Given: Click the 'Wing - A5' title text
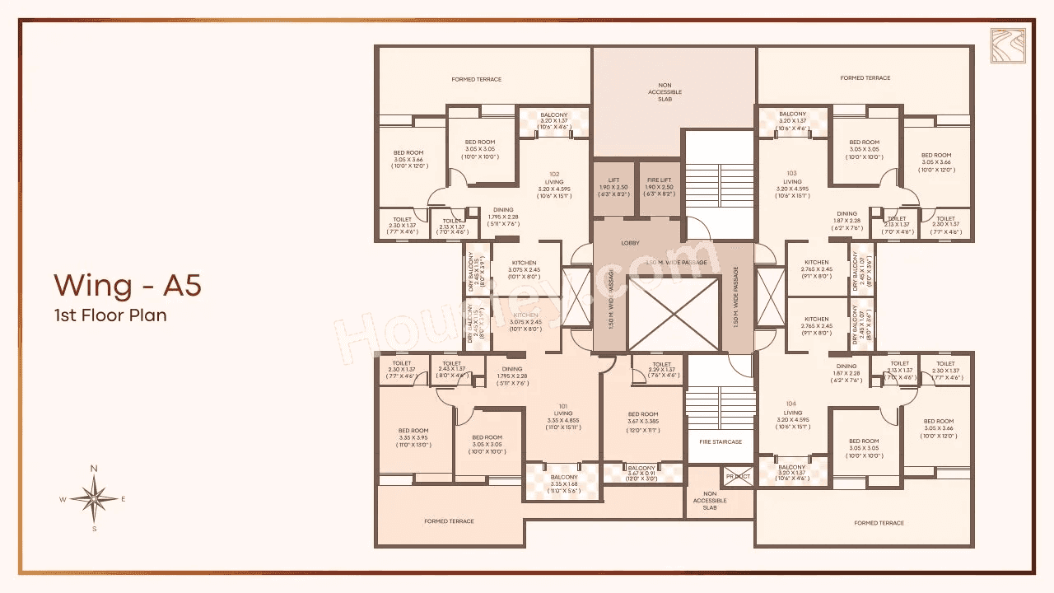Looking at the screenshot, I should tap(128, 285).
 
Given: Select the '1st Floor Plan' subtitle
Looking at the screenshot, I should tap(110, 315).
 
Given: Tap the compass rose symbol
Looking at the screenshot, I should tap(94, 498).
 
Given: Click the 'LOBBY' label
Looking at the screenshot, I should tap(631, 243).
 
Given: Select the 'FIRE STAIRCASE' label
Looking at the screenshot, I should tap(721, 442).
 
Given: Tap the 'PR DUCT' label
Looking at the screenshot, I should tap(737, 476).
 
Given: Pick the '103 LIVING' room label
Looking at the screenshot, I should tap(792, 181).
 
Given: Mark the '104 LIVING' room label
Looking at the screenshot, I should tap(792, 412).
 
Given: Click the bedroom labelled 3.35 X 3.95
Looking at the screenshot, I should tap(413, 437).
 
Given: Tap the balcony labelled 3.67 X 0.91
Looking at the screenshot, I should tap(642, 472).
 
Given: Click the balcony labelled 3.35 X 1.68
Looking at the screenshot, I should tap(564, 483).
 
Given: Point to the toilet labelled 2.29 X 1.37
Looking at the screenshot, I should tap(661, 369).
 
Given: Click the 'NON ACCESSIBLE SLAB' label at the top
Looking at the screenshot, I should tap(665, 91).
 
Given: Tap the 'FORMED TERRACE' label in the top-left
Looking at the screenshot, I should tap(477, 80).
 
